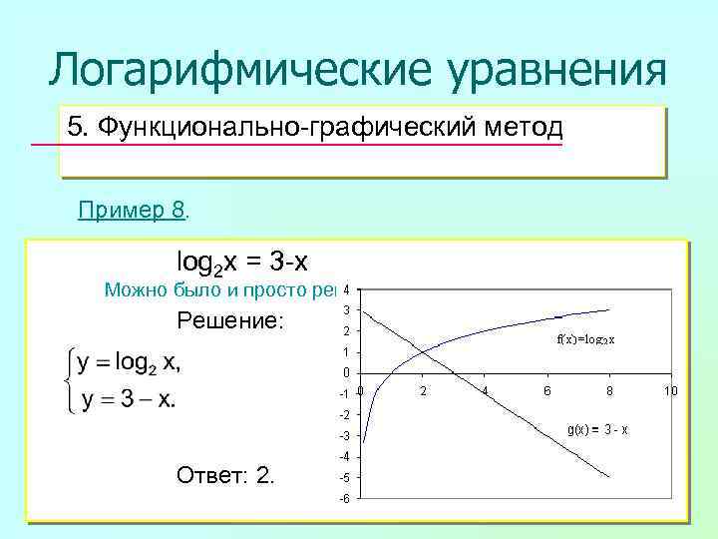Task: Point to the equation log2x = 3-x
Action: click(x=242, y=263)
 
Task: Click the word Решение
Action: click(x=229, y=320)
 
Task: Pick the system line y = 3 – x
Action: click(x=130, y=399)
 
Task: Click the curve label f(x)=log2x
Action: click(x=585, y=338)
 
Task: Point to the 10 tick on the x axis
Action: click(x=671, y=391)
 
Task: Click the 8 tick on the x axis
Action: click(x=609, y=391)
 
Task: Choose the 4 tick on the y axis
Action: click(x=344, y=290)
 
